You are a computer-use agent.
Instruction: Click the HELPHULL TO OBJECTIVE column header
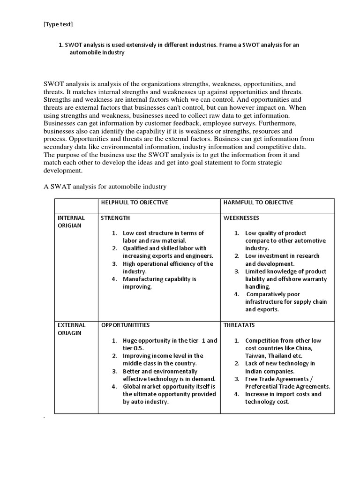tap(135, 202)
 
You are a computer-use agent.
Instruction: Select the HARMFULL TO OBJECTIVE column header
tap(258, 202)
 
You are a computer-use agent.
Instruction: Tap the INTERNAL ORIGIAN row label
tap(71, 222)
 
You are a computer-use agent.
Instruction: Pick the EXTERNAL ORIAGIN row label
tap(71, 329)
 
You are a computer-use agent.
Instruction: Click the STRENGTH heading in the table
tap(116, 218)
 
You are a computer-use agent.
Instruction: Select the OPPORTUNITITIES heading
tap(125, 325)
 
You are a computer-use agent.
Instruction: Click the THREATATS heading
tap(239, 325)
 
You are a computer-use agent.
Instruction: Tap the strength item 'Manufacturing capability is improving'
tap(159, 283)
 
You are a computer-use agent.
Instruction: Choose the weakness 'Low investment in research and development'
tap(282, 260)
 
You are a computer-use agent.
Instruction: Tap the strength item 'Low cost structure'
tap(163, 237)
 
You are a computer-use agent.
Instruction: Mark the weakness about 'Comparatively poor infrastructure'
tap(285, 302)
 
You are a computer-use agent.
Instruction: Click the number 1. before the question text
tap(60, 45)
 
